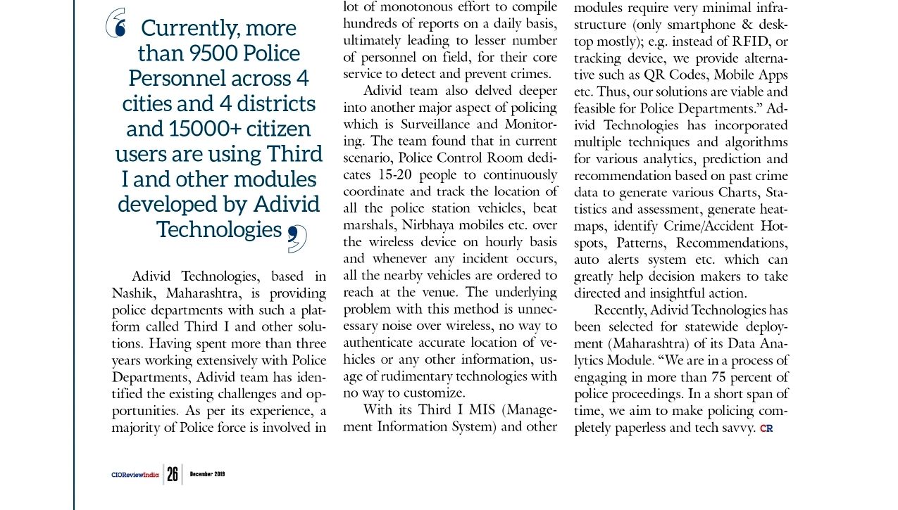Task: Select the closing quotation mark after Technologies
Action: (x=297, y=239)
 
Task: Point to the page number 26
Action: (x=173, y=474)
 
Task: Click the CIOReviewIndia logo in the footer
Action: (x=135, y=475)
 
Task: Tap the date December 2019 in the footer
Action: (x=207, y=474)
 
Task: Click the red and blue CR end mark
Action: (x=766, y=428)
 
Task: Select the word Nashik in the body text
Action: (x=135, y=293)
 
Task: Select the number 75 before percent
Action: (x=722, y=377)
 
